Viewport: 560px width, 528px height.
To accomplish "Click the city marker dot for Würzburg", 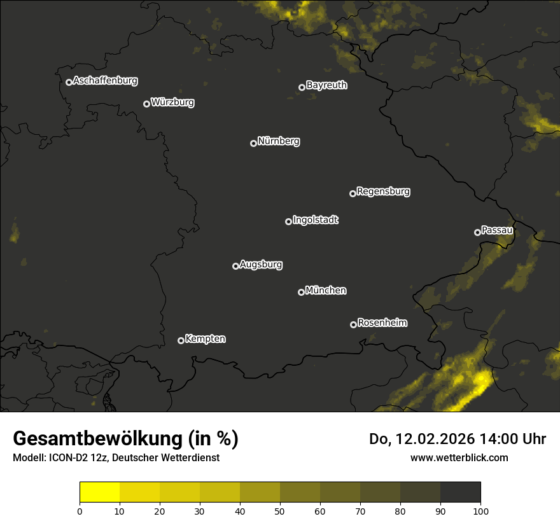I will (146, 104).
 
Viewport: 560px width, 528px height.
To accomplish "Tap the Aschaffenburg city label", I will (105, 81).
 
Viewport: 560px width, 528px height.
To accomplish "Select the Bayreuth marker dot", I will (302, 87).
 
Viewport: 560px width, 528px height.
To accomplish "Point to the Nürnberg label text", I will (279, 141).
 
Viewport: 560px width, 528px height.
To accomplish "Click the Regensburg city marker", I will (353, 193).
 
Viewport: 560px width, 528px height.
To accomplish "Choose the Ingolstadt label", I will (316, 220).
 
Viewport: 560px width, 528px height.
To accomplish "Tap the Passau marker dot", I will (477, 232).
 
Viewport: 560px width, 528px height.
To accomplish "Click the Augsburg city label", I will (261, 265).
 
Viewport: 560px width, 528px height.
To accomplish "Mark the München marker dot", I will (301, 292).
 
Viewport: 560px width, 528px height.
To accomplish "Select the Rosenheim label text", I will (382, 323).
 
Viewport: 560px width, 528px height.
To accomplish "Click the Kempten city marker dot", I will (181, 340).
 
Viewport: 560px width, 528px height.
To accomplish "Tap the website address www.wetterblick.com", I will (459, 457).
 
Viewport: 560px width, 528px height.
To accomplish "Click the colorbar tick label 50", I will (280, 510).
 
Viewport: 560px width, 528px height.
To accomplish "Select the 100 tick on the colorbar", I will (480, 510).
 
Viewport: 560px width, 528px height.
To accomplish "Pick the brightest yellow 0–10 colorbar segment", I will (100, 492).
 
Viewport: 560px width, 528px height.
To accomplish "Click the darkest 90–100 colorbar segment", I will (460, 492).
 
